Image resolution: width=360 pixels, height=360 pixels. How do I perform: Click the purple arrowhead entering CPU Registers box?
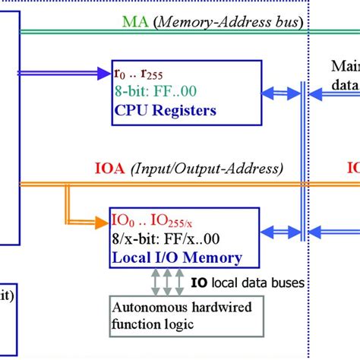click(x=106, y=74)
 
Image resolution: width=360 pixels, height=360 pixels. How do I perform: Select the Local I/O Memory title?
click(x=177, y=257)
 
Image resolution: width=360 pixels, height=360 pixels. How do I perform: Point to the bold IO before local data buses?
click(x=198, y=283)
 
